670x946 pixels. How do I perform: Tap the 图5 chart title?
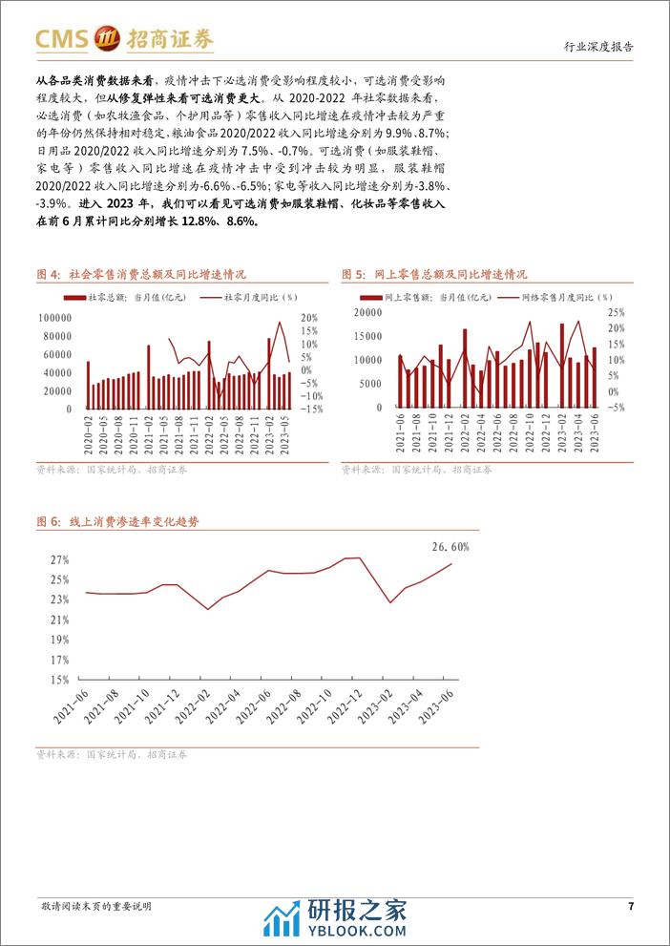[434, 275]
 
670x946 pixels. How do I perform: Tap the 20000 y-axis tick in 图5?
[368, 312]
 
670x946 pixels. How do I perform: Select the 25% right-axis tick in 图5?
[616, 312]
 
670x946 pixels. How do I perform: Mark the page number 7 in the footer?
[630, 906]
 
